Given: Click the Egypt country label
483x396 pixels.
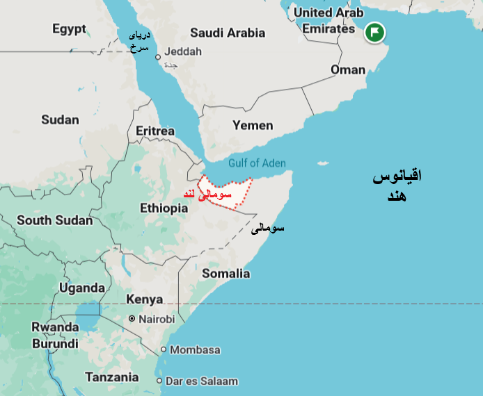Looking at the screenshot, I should tap(69, 29).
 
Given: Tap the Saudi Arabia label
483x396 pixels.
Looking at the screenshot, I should tap(227, 33).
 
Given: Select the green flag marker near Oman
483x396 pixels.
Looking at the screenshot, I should tap(375, 32).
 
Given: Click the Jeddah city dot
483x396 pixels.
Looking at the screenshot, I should tap(158, 57).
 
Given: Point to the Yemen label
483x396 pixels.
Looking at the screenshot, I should tap(253, 126).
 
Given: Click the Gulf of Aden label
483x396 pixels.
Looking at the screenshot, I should tap(257, 163).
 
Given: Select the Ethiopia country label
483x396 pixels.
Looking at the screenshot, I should tap(164, 208).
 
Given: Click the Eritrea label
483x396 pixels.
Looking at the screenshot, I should tap(155, 131).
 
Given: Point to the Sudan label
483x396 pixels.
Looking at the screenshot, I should tap(60, 119).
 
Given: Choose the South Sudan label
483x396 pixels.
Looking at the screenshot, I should tap(54, 220).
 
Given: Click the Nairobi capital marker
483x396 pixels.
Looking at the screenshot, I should tap(132, 319).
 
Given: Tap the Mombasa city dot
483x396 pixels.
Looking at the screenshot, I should tap(164, 349).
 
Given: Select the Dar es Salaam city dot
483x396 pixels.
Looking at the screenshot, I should tap(159, 381).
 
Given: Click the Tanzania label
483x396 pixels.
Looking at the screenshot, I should tap(111, 377).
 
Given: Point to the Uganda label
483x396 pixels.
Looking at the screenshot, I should tap(81, 288).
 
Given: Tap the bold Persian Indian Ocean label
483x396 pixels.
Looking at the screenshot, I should tap(397, 185).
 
